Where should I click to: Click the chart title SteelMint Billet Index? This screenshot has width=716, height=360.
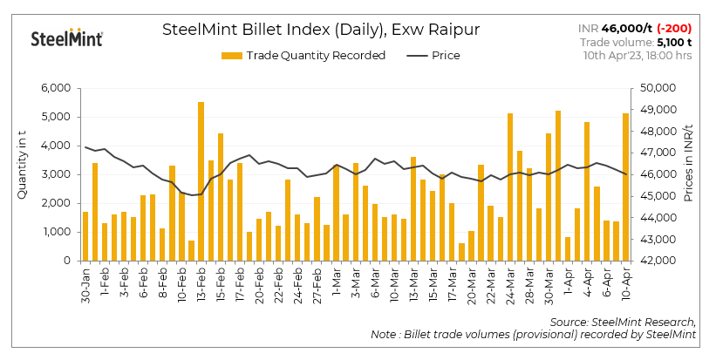tap(320, 30)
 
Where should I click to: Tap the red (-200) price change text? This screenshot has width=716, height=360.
tap(674, 29)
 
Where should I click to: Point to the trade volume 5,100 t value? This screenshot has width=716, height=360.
tap(674, 42)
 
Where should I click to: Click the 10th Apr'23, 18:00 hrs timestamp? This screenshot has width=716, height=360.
tap(638, 55)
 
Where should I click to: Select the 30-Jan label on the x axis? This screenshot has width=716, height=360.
tap(85, 284)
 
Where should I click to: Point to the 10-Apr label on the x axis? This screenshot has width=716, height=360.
tap(625, 284)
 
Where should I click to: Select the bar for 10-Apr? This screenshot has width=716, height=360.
tap(625, 187)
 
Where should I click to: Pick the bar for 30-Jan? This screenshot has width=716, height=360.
tap(85, 236)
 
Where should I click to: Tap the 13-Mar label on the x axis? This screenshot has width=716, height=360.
tap(413, 284)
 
